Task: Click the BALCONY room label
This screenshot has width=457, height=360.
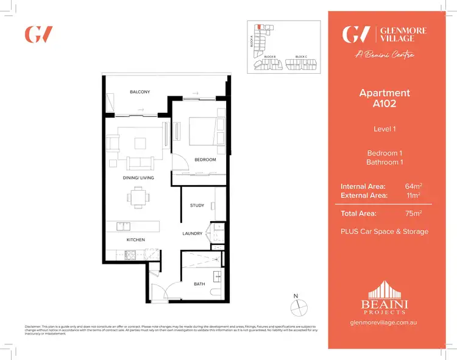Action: (140, 92)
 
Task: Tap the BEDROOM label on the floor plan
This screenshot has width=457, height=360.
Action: (205, 160)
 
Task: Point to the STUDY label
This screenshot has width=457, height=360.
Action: (197, 205)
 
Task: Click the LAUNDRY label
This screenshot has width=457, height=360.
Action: (193, 233)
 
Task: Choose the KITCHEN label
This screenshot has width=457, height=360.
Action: (135, 240)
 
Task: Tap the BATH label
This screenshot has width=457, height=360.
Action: (199, 284)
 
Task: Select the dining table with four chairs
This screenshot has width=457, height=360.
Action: (137, 197)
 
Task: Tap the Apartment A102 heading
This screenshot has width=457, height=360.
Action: (384, 98)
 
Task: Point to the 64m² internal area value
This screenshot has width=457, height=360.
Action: (413, 186)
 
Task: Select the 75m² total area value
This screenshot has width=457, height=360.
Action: (413, 214)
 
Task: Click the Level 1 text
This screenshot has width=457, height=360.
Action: (384, 129)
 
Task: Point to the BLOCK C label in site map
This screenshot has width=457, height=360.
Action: (300, 57)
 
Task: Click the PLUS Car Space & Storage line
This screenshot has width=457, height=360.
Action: (384, 231)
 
